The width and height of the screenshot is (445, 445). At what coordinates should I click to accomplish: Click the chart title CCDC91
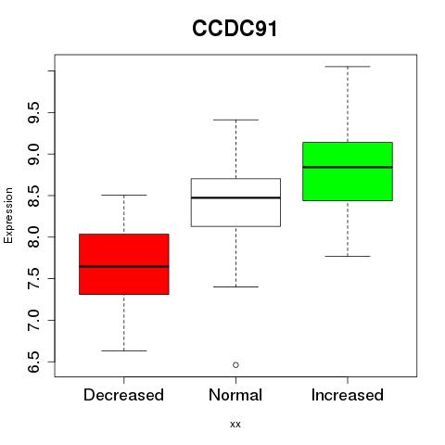click(235, 29)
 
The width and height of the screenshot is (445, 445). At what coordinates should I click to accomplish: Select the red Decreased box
click(124, 264)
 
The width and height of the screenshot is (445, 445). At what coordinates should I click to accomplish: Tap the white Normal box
click(235, 202)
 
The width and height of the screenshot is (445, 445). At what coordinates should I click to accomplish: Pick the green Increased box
click(348, 172)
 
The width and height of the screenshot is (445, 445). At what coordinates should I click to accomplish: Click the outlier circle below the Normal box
click(235, 365)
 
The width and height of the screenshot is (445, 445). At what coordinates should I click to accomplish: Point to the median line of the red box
click(124, 266)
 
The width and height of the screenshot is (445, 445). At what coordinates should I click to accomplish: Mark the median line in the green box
click(348, 167)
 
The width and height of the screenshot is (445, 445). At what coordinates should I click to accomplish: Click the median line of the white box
click(235, 197)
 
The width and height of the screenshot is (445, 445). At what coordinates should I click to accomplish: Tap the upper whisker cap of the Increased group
click(348, 67)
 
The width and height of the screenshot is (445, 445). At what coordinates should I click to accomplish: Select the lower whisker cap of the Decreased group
click(124, 350)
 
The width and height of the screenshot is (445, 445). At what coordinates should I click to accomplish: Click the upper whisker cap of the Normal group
click(235, 120)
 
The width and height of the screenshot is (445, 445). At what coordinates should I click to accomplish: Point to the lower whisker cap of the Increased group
click(348, 256)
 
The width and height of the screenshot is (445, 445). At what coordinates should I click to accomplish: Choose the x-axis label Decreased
click(123, 395)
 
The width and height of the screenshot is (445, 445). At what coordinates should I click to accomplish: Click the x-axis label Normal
click(235, 395)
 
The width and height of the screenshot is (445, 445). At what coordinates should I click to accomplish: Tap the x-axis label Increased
click(348, 395)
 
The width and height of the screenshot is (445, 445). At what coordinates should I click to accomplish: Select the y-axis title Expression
click(8, 215)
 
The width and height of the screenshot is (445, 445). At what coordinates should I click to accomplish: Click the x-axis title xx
click(235, 425)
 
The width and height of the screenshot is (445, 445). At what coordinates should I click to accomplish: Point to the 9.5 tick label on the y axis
click(33, 112)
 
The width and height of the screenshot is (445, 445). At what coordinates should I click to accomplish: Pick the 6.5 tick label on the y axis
click(33, 362)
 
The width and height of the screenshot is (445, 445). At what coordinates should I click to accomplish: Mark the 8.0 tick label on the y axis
click(33, 237)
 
